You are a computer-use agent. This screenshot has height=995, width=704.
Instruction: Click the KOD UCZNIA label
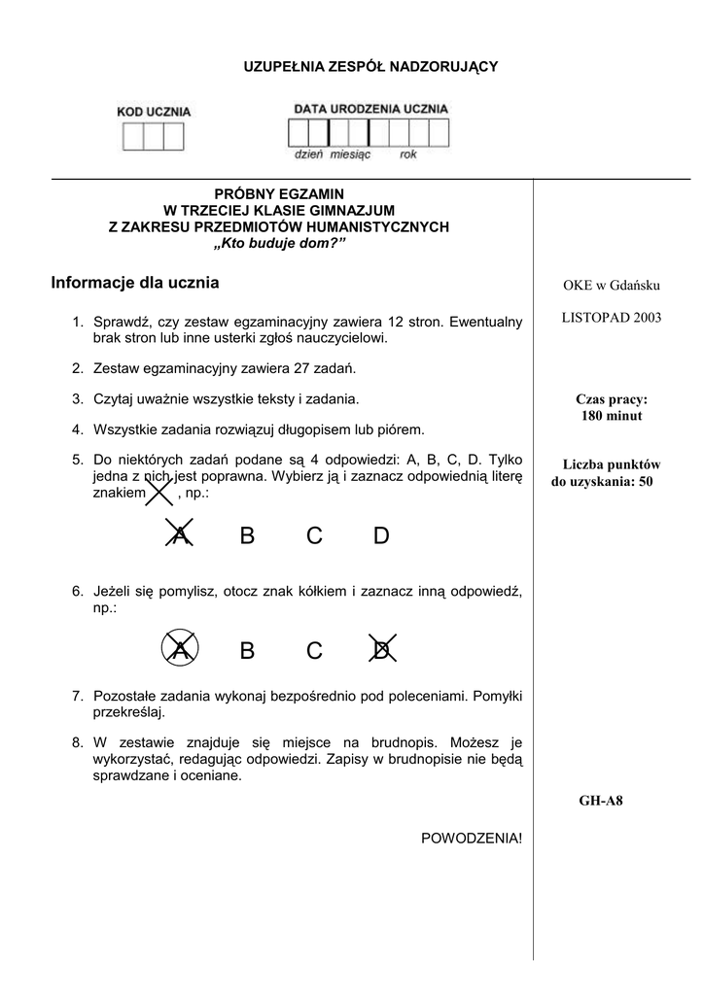coord(154,112)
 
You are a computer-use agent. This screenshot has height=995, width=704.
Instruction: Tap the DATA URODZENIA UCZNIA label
coord(370,109)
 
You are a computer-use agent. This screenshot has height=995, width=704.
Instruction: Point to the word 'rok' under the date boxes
coord(407,154)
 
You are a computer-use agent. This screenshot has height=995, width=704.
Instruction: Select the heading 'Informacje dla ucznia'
coord(135,284)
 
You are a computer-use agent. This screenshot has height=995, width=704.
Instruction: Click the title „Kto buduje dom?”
coord(279,243)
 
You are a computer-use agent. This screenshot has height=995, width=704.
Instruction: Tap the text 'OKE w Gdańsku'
coord(612,286)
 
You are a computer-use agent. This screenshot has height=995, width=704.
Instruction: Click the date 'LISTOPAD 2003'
coord(612,318)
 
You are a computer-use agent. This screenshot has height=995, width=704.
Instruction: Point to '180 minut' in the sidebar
coord(612,416)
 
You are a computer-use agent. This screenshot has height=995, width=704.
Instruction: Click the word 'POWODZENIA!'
coord(472,838)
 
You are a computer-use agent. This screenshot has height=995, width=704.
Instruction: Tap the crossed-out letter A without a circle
coord(179,535)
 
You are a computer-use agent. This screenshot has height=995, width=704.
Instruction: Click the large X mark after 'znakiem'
coord(158,493)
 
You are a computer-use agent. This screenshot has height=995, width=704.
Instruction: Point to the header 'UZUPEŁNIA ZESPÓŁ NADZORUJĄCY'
coord(370,66)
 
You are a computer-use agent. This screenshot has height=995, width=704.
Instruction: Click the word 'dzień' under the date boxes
coord(309,154)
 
